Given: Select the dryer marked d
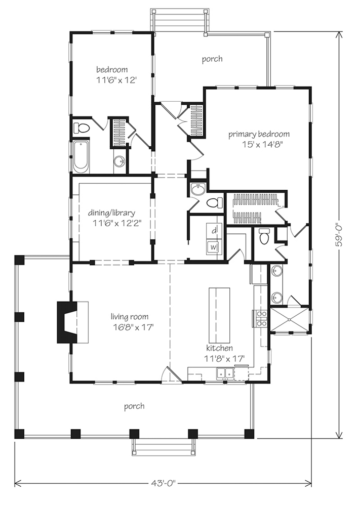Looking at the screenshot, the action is click(213, 231).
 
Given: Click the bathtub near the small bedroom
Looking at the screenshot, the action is click(81, 156).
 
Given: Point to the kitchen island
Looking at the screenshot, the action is click(220, 315).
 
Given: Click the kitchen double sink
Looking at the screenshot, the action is click(225, 373).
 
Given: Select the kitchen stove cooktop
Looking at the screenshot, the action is click(261, 318).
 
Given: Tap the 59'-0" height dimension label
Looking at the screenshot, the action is click(339, 236).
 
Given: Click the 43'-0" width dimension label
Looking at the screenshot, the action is click(163, 483).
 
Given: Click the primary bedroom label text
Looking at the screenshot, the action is click(259, 134).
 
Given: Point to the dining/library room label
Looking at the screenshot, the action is click(112, 213).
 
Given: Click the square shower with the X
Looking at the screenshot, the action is click(289, 320).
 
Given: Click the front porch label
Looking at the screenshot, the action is click(134, 406).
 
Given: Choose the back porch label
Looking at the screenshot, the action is click(212, 59).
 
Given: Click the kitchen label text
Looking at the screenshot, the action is click(220, 348).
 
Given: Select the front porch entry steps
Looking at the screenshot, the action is click(164, 447).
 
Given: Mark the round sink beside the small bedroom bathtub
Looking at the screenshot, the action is click(119, 161).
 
